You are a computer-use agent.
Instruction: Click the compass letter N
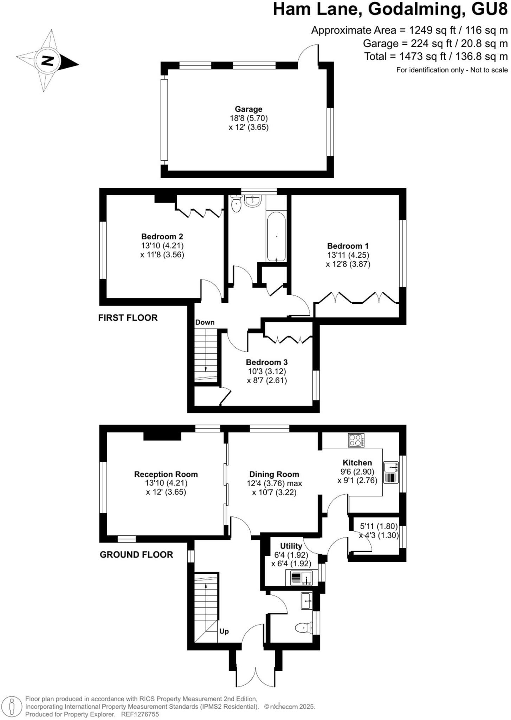tap(47, 61)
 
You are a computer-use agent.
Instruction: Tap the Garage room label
tap(248, 109)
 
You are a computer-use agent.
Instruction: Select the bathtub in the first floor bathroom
tap(277, 236)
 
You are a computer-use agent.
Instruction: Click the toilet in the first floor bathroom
tap(236, 204)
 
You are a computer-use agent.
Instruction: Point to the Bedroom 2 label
tap(162, 237)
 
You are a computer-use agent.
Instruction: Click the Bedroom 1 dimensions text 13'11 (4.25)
tap(348, 255)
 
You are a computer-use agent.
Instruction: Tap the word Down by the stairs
tap(205, 322)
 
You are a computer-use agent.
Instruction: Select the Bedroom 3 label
tap(267, 362)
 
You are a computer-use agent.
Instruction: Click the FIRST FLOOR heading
tap(128, 318)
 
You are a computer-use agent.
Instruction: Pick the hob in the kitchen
tap(356, 441)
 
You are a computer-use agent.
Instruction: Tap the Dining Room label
tap(274, 474)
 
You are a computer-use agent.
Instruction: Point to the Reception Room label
tap(166, 474)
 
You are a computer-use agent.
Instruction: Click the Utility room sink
tap(302, 578)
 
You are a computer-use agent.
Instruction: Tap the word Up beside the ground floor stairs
tap(224, 631)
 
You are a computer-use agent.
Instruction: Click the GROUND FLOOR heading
tap(136, 555)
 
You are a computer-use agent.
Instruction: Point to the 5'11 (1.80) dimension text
tap(379, 526)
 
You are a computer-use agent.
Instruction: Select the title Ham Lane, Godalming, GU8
tap(390, 9)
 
